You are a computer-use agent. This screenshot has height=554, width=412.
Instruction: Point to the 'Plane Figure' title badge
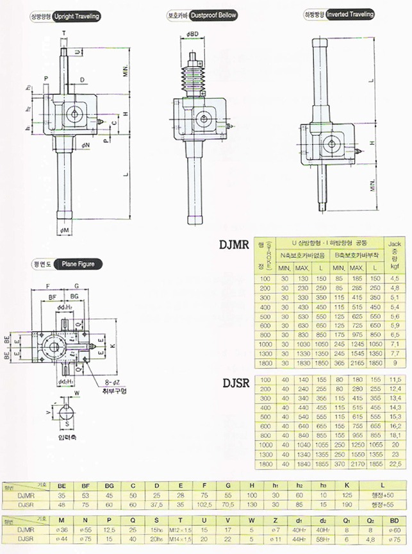pyautogui.click(x=78, y=264)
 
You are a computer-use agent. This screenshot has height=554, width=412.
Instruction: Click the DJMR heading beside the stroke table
pyautogui.click(x=233, y=244)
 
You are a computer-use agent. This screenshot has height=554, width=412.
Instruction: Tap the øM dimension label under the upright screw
pyautogui.click(x=65, y=230)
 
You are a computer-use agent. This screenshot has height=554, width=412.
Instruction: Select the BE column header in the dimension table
pyautogui.click(x=62, y=487)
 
